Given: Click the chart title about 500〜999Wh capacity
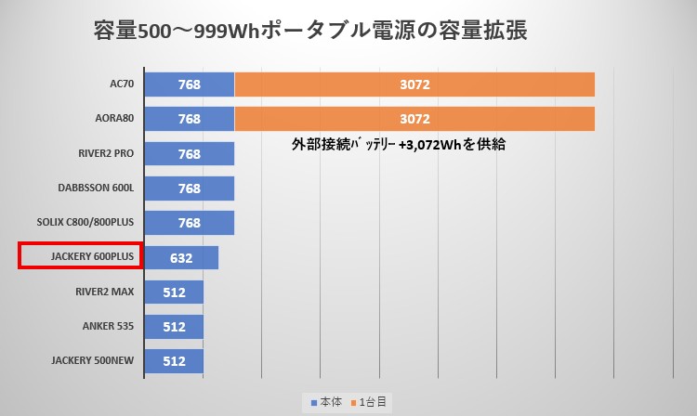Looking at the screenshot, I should click(310, 31).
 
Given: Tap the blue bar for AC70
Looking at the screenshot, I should click(190, 84).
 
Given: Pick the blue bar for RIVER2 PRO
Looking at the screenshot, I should click(190, 153).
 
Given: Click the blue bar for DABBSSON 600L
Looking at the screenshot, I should click(190, 188).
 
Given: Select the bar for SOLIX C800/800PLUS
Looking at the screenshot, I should click(190, 223).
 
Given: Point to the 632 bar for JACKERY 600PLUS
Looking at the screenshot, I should click(181, 257).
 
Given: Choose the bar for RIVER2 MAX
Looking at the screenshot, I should click(174, 292).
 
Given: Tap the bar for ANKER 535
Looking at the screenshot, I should click(174, 327).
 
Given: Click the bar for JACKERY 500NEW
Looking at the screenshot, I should click(174, 361).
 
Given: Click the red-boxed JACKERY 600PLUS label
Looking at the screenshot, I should click(80, 256).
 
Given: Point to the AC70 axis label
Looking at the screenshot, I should click(122, 84).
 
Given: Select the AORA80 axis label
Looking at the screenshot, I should click(116, 119).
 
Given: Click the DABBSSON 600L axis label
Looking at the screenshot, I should click(96, 188).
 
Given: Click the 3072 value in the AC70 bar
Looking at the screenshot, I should click(414, 84).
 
